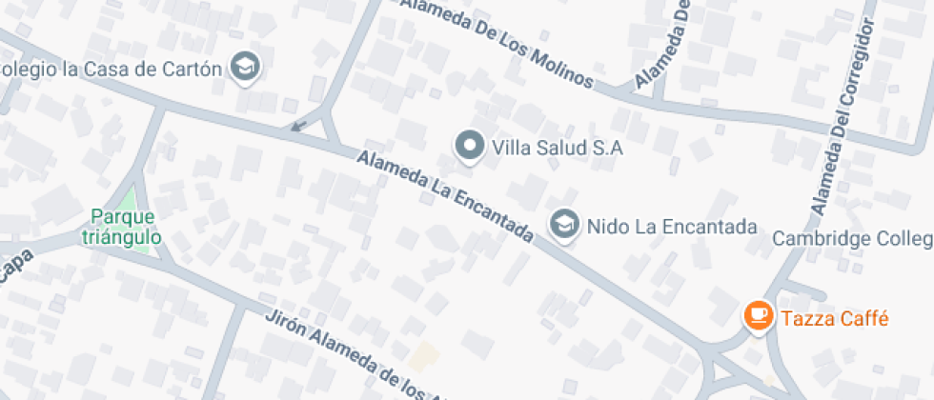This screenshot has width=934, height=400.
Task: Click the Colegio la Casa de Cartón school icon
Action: (x=247, y=68)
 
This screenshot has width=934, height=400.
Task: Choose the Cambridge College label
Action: (x=851, y=237)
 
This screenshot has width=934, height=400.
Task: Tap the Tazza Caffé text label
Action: (x=834, y=318)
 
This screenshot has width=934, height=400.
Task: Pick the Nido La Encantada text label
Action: (x=671, y=227)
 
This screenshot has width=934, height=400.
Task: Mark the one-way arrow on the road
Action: (x=299, y=125)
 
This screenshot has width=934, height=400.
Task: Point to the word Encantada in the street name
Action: (x=490, y=217)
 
